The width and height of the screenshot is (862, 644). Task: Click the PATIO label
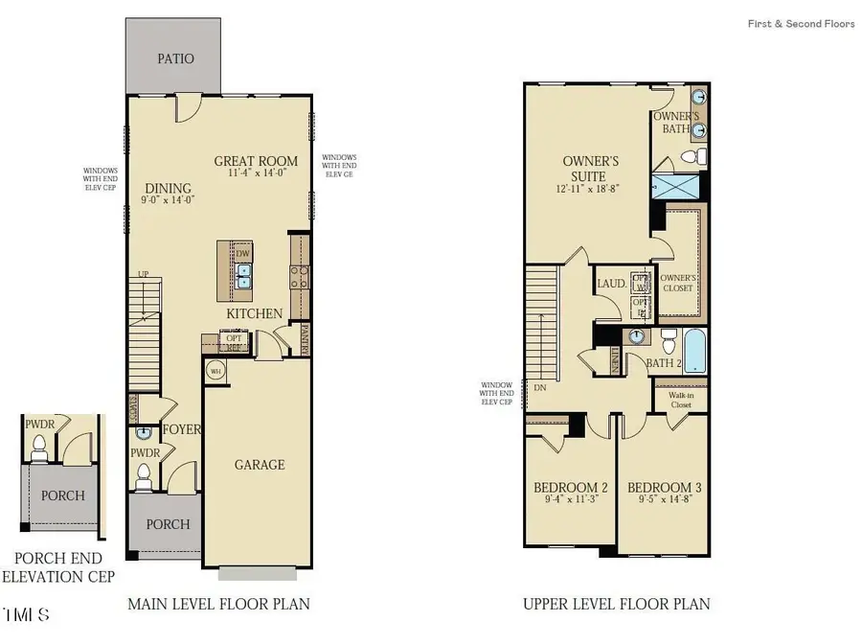coord(175,59)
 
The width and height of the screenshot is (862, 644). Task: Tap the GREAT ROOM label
coord(255,161)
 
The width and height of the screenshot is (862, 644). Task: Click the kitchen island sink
coord(244,275)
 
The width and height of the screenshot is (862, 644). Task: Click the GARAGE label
coord(260,465)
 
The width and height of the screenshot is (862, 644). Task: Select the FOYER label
coord(181,429)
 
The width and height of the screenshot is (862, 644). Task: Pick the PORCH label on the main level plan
coord(167,524)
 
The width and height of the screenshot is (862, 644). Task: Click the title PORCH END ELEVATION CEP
coord(58,567)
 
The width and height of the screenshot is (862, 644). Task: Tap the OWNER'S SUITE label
coord(590,169)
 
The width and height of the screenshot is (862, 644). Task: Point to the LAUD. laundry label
coord(611,284)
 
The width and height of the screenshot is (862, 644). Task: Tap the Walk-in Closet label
coord(681,399)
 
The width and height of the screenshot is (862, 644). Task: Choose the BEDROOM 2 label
coord(570,487)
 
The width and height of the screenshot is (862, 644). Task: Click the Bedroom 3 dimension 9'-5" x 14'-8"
coord(663,499)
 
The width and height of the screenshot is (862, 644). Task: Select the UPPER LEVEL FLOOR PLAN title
coord(616,604)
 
